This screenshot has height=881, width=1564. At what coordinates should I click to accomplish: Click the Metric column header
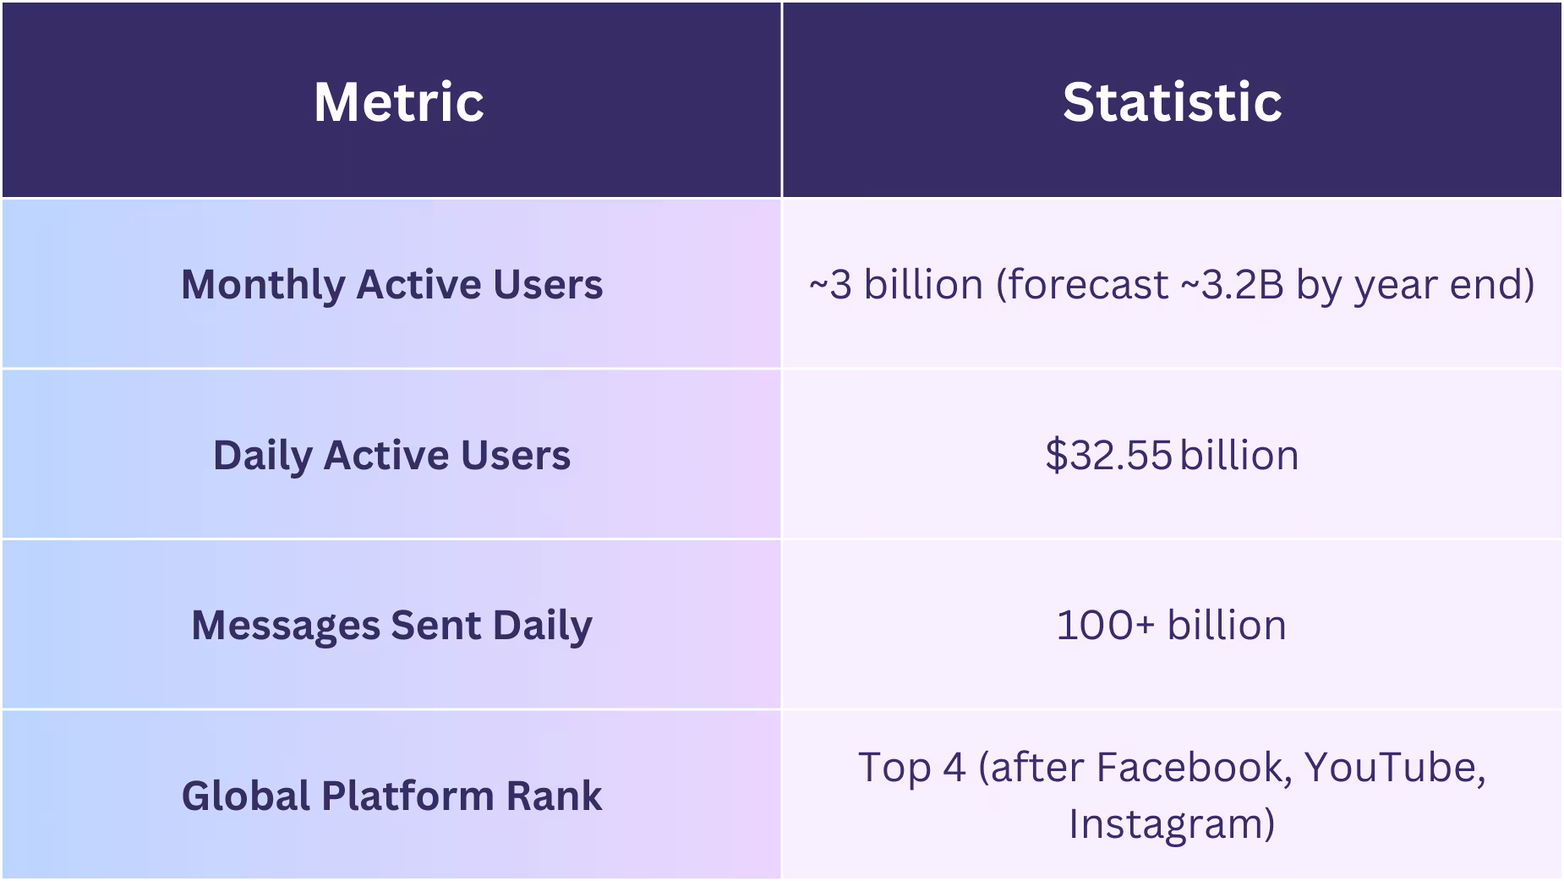pyautogui.click(x=398, y=102)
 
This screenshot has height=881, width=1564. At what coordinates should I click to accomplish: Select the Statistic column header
pyautogui.click(x=1172, y=102)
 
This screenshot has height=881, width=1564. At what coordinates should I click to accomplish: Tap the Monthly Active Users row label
pyautogui.click(x=391, y=284)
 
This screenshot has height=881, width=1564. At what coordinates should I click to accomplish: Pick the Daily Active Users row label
pyautogui.click(x=391, y=455)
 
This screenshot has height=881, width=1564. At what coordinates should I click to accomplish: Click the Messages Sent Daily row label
pyautogui.click(x=391, y=626)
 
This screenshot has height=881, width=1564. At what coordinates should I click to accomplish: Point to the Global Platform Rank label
pyautogui.click(x=391, y=796)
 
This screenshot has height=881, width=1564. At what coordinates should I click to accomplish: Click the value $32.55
pyautogui.click(x=1108, y=455)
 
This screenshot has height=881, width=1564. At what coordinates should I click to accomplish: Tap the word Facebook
pyautogui.click(x=1194, y=768)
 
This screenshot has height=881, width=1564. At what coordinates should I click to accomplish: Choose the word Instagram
pyautogui.click(x=1170, y=824)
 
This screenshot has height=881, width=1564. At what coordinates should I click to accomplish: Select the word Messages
pyautogui.click(x=286, y=626)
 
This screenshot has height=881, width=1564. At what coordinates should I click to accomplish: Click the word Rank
pyautogui.click(x=554, y=796)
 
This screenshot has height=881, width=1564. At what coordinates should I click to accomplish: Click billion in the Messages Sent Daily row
pyautogui.click(x=1227, y=626)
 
